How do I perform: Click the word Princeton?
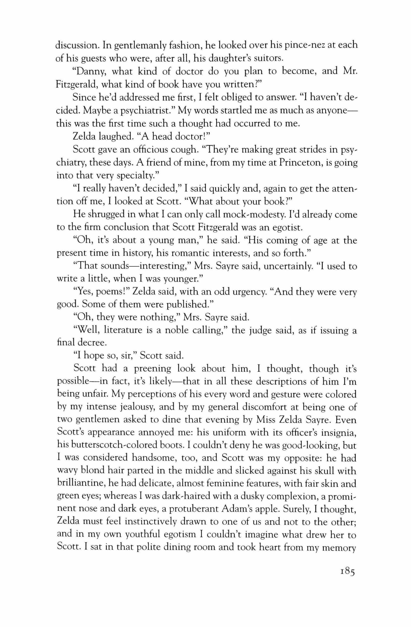coord(273,163)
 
